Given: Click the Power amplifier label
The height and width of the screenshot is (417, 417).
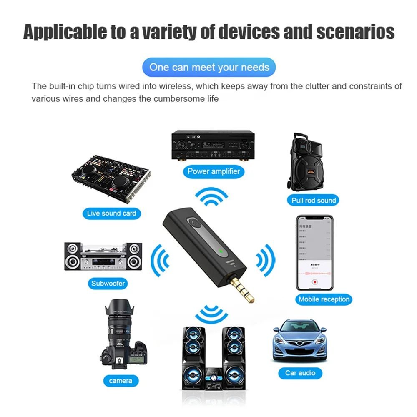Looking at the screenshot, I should [214, 171].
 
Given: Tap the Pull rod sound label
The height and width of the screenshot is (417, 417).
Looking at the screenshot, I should [314, 200].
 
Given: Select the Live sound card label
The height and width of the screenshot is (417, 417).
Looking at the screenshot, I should [111, 213].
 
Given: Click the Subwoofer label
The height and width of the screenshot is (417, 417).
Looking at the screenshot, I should [108, 284].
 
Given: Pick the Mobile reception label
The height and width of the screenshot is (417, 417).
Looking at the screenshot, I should [324, 299].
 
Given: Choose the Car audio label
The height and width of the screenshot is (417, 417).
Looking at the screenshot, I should [300, 373].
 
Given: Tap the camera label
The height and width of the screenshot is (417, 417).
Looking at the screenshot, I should [121, 380].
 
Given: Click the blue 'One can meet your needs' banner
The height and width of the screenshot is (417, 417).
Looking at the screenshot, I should [209, 67].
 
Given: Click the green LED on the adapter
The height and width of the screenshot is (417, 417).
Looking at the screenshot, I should [220, 251].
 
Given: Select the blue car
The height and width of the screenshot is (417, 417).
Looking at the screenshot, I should [299, 339].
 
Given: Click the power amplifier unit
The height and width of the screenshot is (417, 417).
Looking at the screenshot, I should [213, 146].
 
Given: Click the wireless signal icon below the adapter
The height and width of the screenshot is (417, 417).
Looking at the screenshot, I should [211, 314].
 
